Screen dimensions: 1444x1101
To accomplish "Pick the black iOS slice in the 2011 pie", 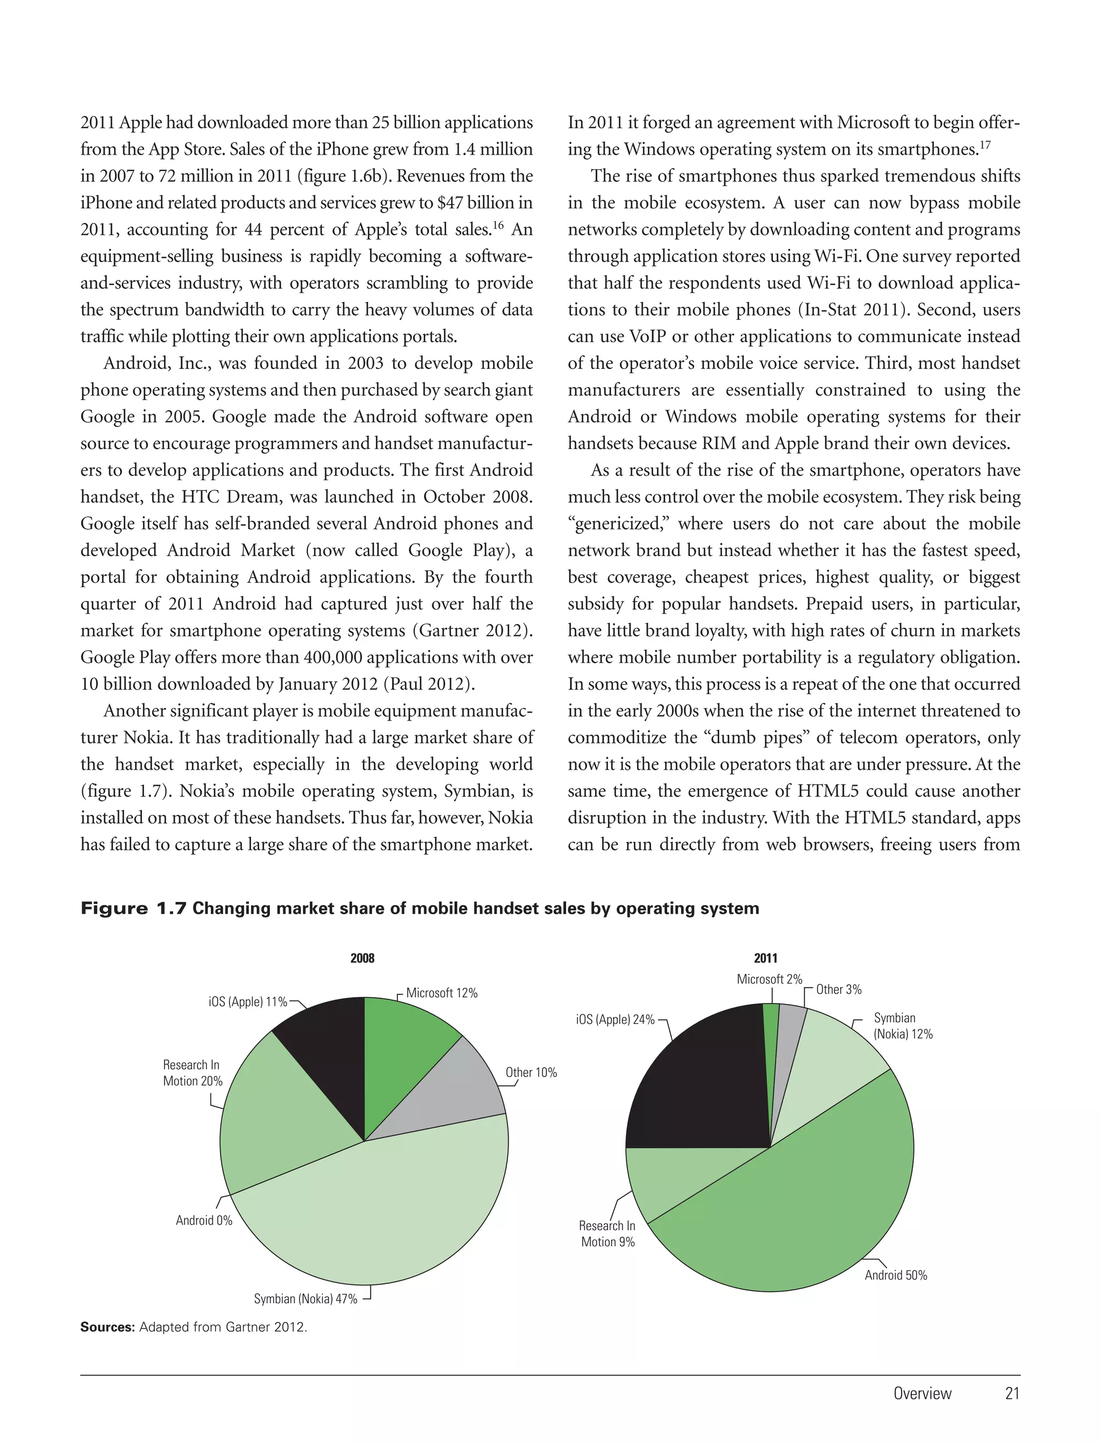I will click(x=701, y=1080).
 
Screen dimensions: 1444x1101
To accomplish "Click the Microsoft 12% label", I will click(x=442, y=993).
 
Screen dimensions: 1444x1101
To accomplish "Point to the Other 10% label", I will click(x=531, y=1072).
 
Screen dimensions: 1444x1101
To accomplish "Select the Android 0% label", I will click(x=204, y=1220).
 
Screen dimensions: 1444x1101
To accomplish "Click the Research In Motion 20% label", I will click(x=192, y=1073).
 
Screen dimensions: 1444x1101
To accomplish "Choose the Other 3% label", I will click(x=838, y=990).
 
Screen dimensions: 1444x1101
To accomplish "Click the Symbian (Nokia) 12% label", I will click(x=903, y=1026).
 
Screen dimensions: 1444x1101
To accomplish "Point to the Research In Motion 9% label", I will click(x=607, y=1234).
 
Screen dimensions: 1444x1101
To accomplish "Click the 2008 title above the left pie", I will click(x=362, y=958).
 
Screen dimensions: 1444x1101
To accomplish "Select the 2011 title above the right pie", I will click(x=766, y=958).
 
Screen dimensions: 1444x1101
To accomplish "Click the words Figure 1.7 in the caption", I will click(x=134, y=908).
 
